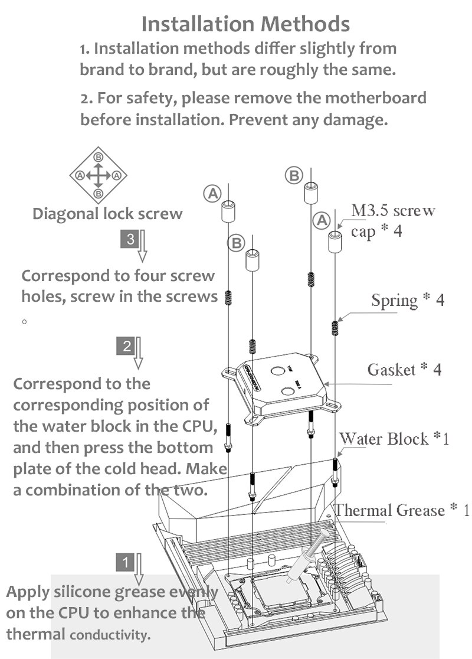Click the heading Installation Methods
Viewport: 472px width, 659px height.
tap(245, 24)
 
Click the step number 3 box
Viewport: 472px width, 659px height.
tap(130, 239)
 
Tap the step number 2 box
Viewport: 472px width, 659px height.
tap(127, 346)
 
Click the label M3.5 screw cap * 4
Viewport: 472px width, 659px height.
tap(393, 221)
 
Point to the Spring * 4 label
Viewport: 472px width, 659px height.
tap(408, 300)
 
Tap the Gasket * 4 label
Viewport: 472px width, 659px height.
tap(404, 370)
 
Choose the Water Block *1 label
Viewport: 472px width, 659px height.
tap(394, 439)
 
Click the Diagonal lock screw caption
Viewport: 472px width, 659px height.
tap(107, 213)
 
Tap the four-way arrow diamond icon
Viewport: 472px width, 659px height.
tap(99, 175)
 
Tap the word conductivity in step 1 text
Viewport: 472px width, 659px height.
tap(110, 635)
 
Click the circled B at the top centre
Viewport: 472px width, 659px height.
tap(294, 175)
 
